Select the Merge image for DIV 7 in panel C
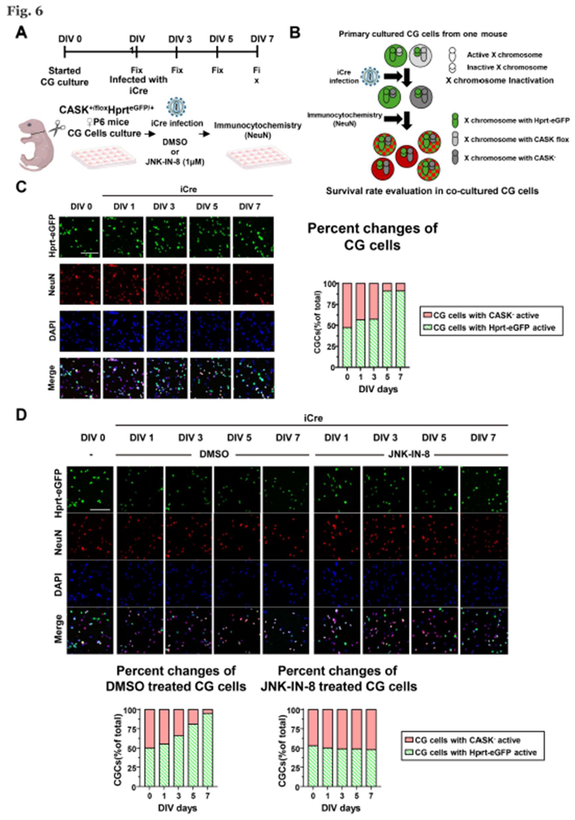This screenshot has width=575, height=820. pos(254,378)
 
